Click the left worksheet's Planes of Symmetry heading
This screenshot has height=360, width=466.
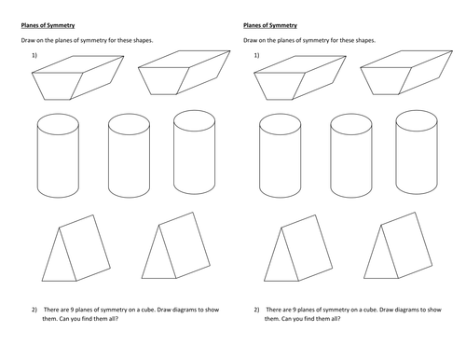pos(48,25)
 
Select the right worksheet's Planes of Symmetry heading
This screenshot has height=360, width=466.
pos(270,25)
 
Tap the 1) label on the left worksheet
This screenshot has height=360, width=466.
pos(34,55)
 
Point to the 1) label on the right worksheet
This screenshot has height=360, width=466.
pos(256,55)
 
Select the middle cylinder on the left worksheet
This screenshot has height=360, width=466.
pos(129,156)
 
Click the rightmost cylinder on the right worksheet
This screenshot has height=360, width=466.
pos(417,152)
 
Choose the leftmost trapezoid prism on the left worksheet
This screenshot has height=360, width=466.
pos(77,77)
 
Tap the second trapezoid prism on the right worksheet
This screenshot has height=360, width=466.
pos(406,73)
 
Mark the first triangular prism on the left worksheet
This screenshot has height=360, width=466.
pos(76,248)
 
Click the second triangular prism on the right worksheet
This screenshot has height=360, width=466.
pos(398,245)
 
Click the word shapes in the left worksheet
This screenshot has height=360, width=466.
pos(143,40)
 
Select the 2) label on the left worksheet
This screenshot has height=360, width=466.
pos(34,310)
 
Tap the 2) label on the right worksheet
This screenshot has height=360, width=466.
pos(256,310)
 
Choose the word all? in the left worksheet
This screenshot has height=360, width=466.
pos(113,319)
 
